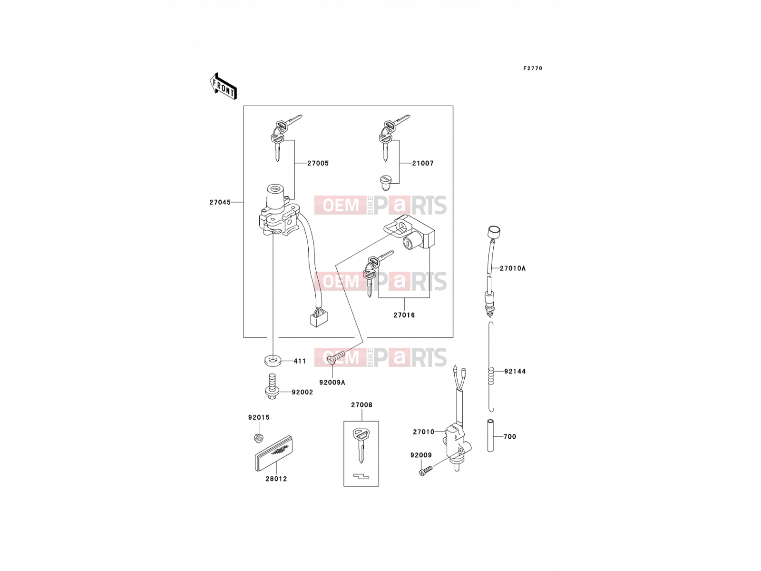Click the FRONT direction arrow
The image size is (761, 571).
click(223, 86)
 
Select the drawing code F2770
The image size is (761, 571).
click(533, 69)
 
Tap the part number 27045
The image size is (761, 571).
click(220, 202)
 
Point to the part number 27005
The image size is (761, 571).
click(318, 163)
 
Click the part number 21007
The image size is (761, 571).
click(423, 163)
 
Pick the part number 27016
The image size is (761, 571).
click(404, 315)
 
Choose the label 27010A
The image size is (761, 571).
click(512, 268)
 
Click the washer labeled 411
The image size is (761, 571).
click(273, 361)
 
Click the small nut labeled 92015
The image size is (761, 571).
click(258, 437)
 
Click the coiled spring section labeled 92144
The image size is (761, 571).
click(490, 375)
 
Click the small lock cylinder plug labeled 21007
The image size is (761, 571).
click(385, 183)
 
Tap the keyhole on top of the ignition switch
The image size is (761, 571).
click(275, 188)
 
